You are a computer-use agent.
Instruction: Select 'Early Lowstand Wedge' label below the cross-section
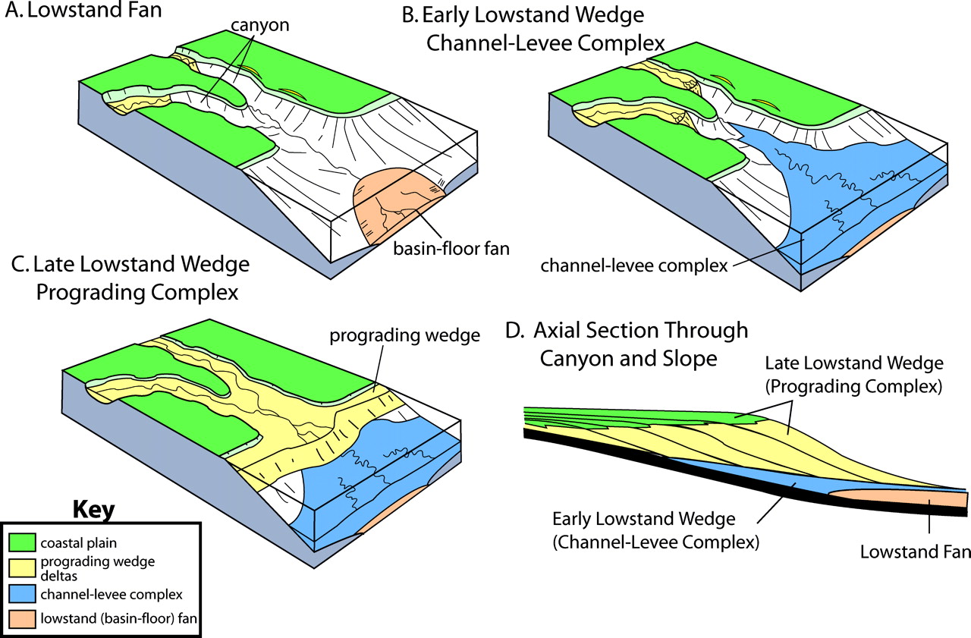[x=643, y=520]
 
